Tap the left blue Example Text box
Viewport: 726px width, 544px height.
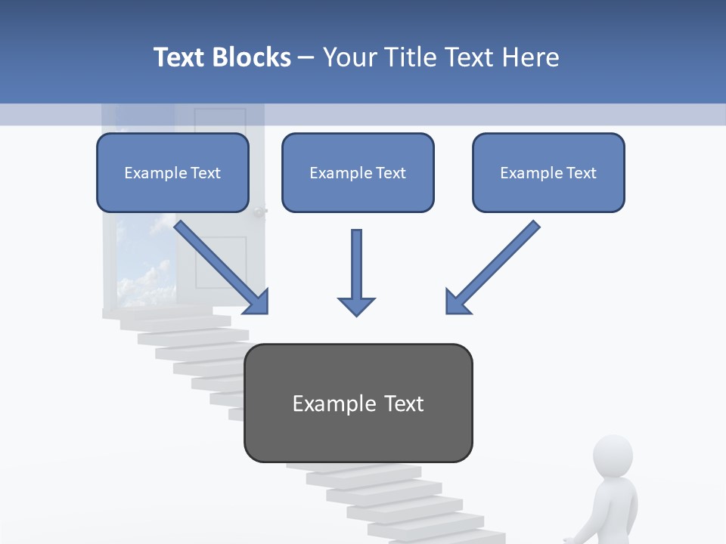point(172,173)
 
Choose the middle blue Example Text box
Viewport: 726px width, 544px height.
point(358,173)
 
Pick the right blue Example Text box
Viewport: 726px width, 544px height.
point(548,173)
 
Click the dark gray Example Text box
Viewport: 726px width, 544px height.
point(358,403)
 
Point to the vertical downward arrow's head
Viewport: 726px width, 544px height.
point(356,306)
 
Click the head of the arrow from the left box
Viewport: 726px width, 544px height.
point(257,302)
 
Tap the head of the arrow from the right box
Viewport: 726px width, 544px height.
point(457,302)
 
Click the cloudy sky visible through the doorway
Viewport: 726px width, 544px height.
point(144,264)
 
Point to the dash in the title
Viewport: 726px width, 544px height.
point(306,57)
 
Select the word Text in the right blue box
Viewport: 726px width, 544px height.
point(580,173)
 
